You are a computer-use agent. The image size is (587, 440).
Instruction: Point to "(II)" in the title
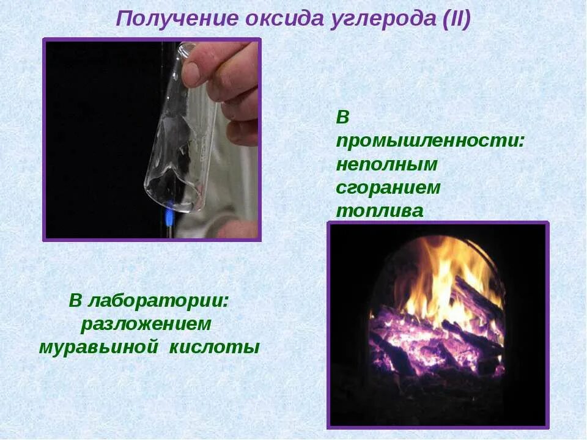[x=454, y=19]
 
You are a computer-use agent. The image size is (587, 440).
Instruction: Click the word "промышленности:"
[x=430, y=141]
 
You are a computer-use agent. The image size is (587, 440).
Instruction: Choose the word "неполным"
[x=387, y=164]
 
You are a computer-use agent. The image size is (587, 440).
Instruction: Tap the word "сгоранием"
[x=388, y=188]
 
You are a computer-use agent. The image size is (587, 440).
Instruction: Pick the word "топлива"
[x=379, y=211]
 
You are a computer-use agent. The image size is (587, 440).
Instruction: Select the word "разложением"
[x=146, y=324]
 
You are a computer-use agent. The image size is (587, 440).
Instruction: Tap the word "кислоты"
[x=214, y=347]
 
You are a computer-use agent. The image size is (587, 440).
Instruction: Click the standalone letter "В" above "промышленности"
[x=342, y=117]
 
